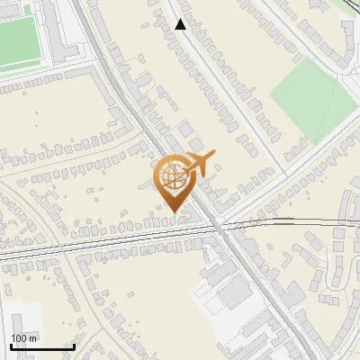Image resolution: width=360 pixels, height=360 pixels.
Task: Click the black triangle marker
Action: (181, 25)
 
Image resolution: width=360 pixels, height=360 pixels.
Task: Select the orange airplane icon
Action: (197, 164)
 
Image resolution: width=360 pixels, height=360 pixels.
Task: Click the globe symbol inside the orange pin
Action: (172, 177)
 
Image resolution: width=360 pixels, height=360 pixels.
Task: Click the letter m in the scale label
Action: (32, 338)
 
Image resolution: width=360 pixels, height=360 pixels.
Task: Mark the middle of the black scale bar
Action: (41, 346)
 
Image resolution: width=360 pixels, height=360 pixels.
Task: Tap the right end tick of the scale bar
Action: (74, 346)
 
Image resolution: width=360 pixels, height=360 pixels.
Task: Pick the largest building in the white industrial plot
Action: (236, 292)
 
